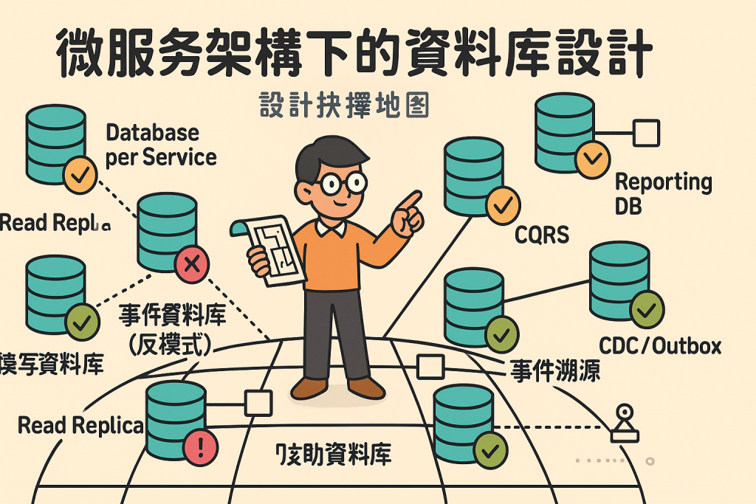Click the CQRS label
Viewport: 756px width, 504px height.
point(543,235)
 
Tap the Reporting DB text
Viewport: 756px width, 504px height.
point(663,193)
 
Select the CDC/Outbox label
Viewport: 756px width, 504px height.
point(659,345)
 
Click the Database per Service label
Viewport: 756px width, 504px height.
point(160,145)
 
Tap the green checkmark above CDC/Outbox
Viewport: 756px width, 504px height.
point(647,311)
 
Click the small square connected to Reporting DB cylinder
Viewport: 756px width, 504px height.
point(647,133)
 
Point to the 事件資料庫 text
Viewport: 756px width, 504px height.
point(173,317)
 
